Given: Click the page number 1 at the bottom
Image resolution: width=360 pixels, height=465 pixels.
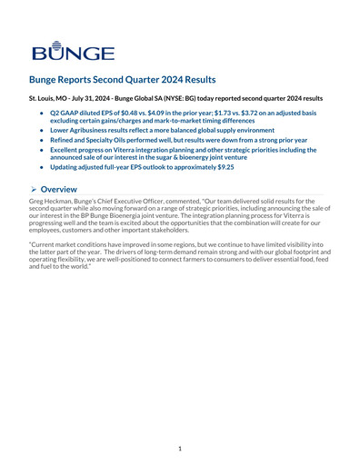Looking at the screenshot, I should (180, 448).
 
